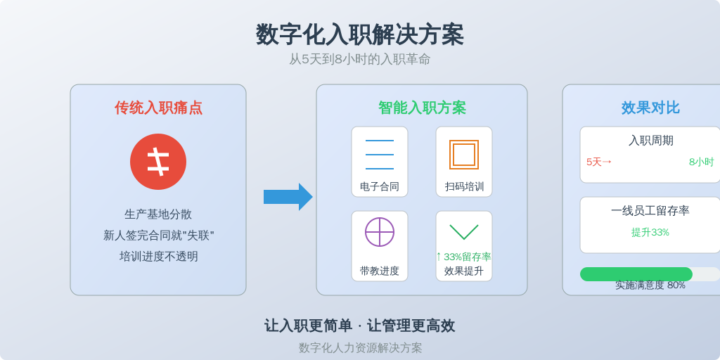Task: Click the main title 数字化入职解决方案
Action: pos(359,35)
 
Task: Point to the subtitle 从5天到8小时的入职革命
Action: pos(359,59)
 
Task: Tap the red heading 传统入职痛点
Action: pos(158,108)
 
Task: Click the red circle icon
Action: pos(158,162)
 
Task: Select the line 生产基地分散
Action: pos(158,214)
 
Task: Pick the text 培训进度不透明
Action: pos(158,256)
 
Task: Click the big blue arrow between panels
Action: pos(288,197)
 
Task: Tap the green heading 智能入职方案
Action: pos(422,108)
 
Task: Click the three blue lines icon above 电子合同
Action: pos(379,154)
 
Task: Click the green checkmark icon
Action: pos(464,232)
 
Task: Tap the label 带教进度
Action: pos(379,271)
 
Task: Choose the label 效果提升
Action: pos(464,271)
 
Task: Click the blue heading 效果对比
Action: pos(650,108)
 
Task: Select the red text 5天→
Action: pos(599,162)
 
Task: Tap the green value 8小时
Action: pos(701,162)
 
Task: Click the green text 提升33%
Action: pos(650,232)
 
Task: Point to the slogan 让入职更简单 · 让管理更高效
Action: pos(359,326)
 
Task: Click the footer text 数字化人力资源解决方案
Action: pos(360,347)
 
